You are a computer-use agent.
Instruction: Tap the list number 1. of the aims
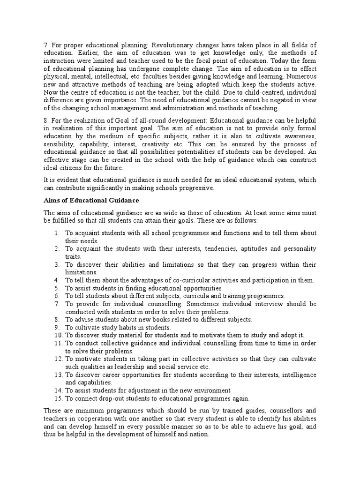coord(56,233)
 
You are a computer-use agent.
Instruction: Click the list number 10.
coord(58,335)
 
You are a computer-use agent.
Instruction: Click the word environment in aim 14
coord(211,390)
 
